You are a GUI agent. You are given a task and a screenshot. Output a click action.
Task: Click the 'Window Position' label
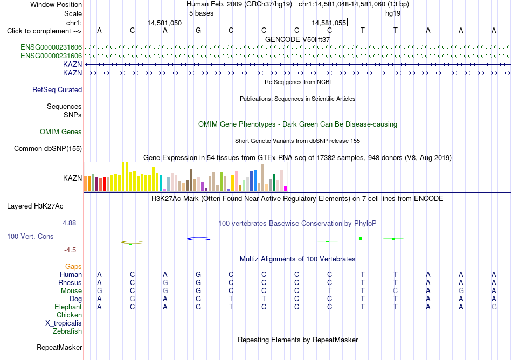[x=56, y=4]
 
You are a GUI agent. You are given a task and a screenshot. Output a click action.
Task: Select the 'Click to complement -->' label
[x=44, y=31]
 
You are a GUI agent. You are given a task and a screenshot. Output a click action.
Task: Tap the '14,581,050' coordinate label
[x=164, y=23]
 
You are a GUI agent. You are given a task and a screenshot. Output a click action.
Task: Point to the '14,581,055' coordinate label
[x=329, y=23]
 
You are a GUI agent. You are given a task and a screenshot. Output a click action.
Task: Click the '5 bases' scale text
[x=201, y=13]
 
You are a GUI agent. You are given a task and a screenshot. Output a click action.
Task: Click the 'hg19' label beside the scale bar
[x=393, y=13]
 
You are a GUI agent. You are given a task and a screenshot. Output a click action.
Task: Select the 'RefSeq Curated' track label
[x=57, y=90]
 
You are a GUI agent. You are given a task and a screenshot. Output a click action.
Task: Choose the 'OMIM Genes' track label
[x=61, y=132]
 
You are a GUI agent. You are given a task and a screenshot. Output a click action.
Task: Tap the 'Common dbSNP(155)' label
[x=48, y=149]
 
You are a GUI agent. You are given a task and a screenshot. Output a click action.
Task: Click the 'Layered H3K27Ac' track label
[x=35, y=206]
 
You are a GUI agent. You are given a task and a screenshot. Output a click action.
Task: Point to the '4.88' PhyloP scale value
[x=69, y=223]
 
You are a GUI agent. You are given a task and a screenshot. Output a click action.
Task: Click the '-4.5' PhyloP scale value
[x=70, y=250]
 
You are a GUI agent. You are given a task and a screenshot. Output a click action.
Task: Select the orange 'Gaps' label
[x=73, y=267]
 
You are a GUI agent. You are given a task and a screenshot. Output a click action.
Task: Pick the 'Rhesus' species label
[x=70, y=282]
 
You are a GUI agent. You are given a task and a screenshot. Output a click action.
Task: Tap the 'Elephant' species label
[x=68, y=307]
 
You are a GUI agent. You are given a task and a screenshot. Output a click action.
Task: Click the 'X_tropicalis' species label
[x=64, y=323]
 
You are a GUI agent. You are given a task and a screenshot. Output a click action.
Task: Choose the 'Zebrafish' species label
[x=67, y=331]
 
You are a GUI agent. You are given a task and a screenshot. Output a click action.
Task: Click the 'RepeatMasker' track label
[x=59, y=347]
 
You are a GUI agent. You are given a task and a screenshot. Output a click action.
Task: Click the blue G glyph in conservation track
[x=198, y=239]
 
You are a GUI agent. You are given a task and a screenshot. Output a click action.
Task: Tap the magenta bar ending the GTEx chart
[x=286, y=189]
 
